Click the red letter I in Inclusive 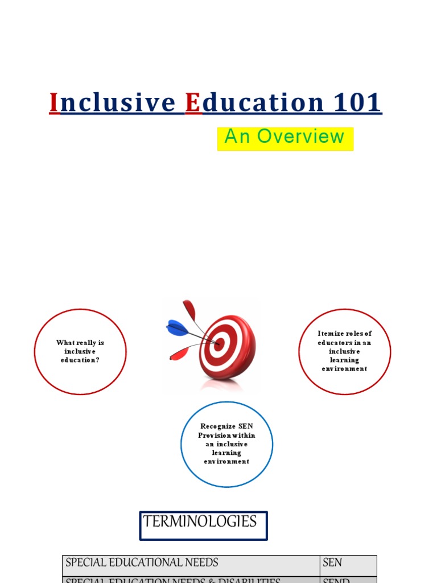pyautogui.click(x=54, y=103)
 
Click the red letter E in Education pyautogui.click(x=193, y=103)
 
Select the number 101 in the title pyautogui.click(x=357, y=103)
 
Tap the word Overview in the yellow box pyautogui.click(x=300, y=137)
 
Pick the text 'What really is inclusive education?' pyautogui.click(x=80, y=351)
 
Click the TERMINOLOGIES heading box pyautogui.click(x=203, y=525)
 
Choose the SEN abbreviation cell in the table pyautogui.click(x=348, y=563)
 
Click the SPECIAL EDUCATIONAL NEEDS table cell pyautogui.click(x=191, y=563)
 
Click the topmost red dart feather pyautogui.click(x=189, y=310)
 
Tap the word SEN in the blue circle pyautogui.click(x=246, y=426)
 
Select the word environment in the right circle pyautogui.click(x=344, y=368)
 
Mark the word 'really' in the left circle pyautogui.click(x=85, y=343)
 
